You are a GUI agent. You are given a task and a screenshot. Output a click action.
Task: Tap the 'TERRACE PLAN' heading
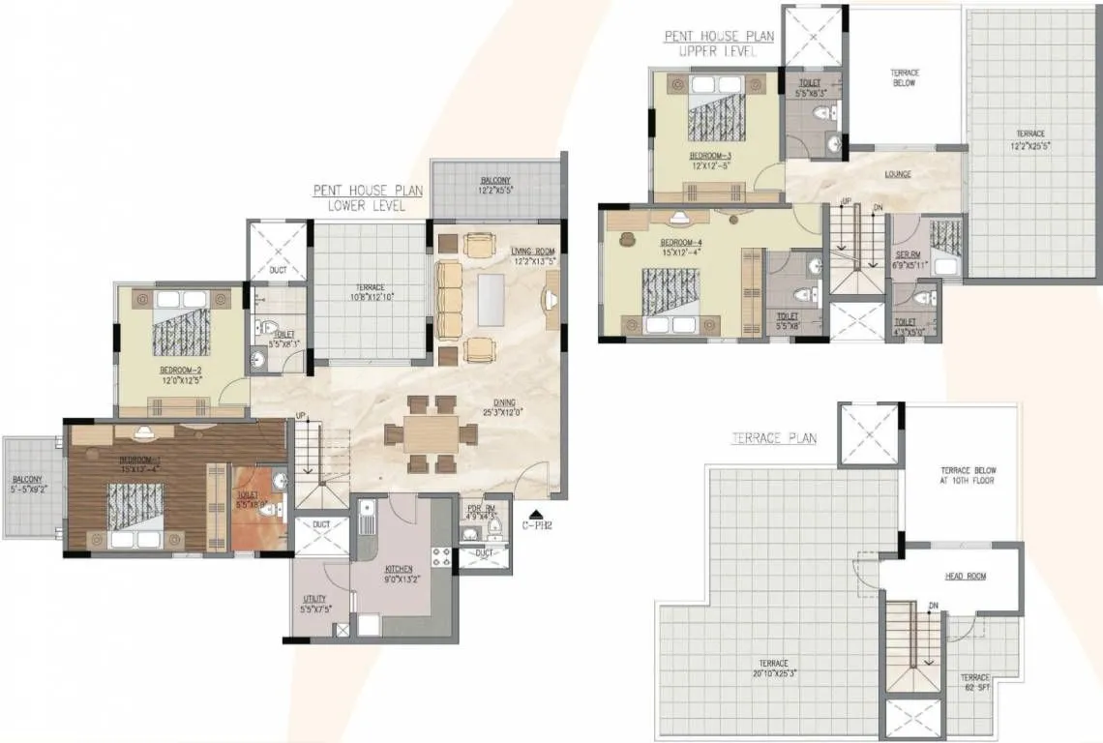click(x=773, y=438)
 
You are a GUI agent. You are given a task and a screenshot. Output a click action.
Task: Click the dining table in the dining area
click(x=432, y=433)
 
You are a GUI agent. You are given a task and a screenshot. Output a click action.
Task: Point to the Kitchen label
click(x=399, y=569)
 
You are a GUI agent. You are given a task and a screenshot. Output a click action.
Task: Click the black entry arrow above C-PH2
click(x=536, y=516)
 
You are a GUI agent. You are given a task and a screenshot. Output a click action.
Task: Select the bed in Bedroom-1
click(x=135, y=511)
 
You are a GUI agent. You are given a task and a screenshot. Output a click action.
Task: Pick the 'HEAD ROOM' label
click(x=966, y=577)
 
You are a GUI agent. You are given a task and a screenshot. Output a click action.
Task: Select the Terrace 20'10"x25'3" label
click(x=774, y=669)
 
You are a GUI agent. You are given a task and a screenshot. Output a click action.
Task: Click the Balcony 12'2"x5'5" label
click(x=495, y=187)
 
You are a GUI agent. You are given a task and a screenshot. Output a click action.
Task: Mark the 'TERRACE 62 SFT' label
click(x=974, y=683)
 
